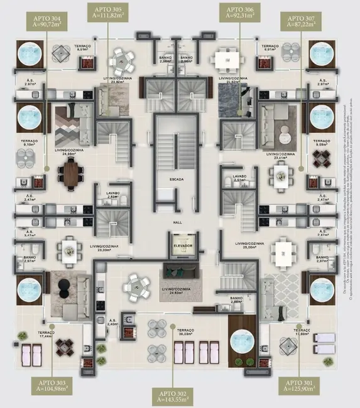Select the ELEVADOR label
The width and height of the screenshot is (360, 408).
[x=183, y=246]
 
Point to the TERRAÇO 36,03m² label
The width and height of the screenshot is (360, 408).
[x=186, y=332]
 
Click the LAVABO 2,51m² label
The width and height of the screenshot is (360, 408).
[x=239, y=179]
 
